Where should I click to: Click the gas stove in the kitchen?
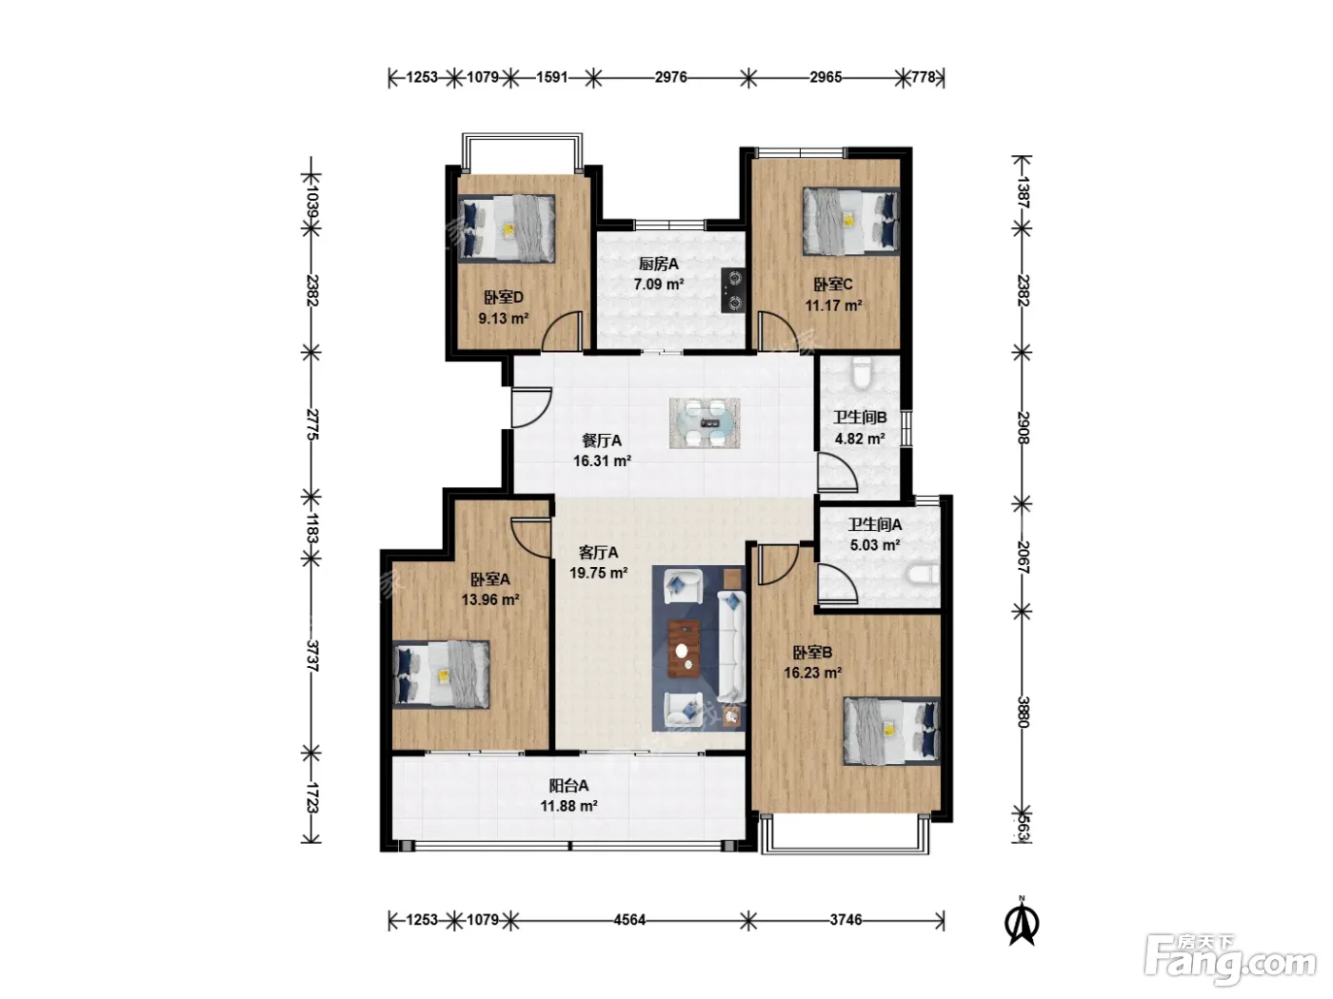click(x=733, y=290)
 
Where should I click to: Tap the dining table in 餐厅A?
click(x=705, y=422)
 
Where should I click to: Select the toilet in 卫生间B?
click(x=862, y=373)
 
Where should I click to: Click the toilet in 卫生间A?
click(x=922, y=575)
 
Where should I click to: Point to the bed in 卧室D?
click(x=507, y=228)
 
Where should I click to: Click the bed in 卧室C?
click(x=851, y=221)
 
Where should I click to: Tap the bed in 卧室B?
click(x=891, y=731)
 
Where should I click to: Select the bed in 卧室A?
click(x=441, y=675)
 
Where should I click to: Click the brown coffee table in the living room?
click(x=685, y=649)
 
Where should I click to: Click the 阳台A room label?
click(x=568, y=786)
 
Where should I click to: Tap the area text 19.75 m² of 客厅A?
click(x=598, y=573)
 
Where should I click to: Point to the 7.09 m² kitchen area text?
click(x=659, y=284)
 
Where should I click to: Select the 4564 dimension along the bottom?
click(x=629, y=919)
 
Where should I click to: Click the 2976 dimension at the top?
click(x=670, y=77)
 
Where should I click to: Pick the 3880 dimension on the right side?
click(x=1024, y=712)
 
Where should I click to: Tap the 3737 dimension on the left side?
click(x=311, y=656)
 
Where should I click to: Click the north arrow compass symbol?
click(x=1022, y=922)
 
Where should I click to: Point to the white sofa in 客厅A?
click(x=731, y=647)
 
